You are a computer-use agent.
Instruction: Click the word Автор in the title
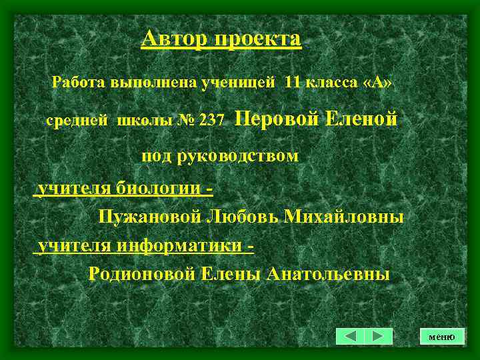174,39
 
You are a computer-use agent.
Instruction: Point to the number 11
293,83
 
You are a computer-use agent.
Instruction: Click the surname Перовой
277,119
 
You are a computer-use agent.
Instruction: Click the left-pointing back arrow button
351,336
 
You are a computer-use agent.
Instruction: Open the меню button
441,337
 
